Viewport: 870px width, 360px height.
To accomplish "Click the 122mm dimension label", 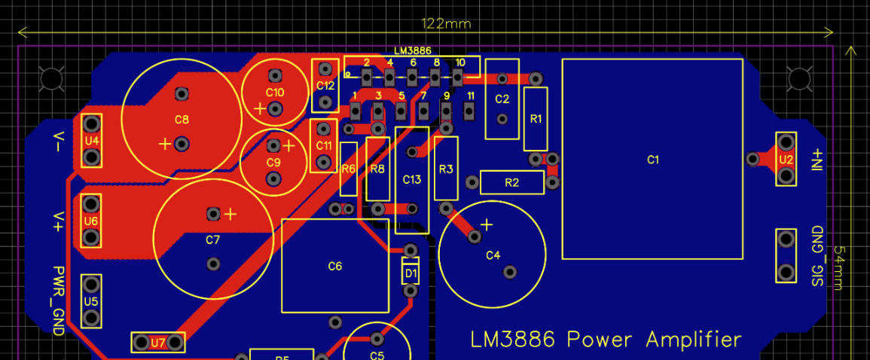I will tap(447, 23).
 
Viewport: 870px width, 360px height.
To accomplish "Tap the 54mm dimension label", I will tap(839, 268).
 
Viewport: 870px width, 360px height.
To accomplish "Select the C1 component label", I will tap(653, 160).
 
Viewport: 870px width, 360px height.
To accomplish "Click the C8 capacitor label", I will tap(182, 120).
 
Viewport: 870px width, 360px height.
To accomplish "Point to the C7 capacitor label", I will tap(212, 239).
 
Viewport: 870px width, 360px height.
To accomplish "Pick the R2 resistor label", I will tap(512, 182).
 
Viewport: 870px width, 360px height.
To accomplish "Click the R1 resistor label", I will tap(536, 119).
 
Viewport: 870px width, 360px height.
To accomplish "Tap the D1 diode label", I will tap(411, 272).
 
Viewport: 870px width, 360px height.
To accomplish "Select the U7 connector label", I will tap(158, 343).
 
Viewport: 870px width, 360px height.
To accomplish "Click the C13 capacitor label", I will tap(412, 179).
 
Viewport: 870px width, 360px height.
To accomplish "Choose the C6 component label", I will tap(335, 266).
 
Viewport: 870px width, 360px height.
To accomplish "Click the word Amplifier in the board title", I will tap(693, 340).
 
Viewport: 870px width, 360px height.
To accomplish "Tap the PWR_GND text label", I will tap(59, 301).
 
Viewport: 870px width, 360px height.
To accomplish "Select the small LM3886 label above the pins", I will tap(412, 50).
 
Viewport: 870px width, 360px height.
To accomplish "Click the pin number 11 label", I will tap(471, 96).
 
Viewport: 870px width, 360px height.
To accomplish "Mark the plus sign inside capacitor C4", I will tap(487, 224).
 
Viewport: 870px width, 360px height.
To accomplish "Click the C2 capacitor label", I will tap(502, 99).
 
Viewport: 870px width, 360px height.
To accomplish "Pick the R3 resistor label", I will tap(446, 169).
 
